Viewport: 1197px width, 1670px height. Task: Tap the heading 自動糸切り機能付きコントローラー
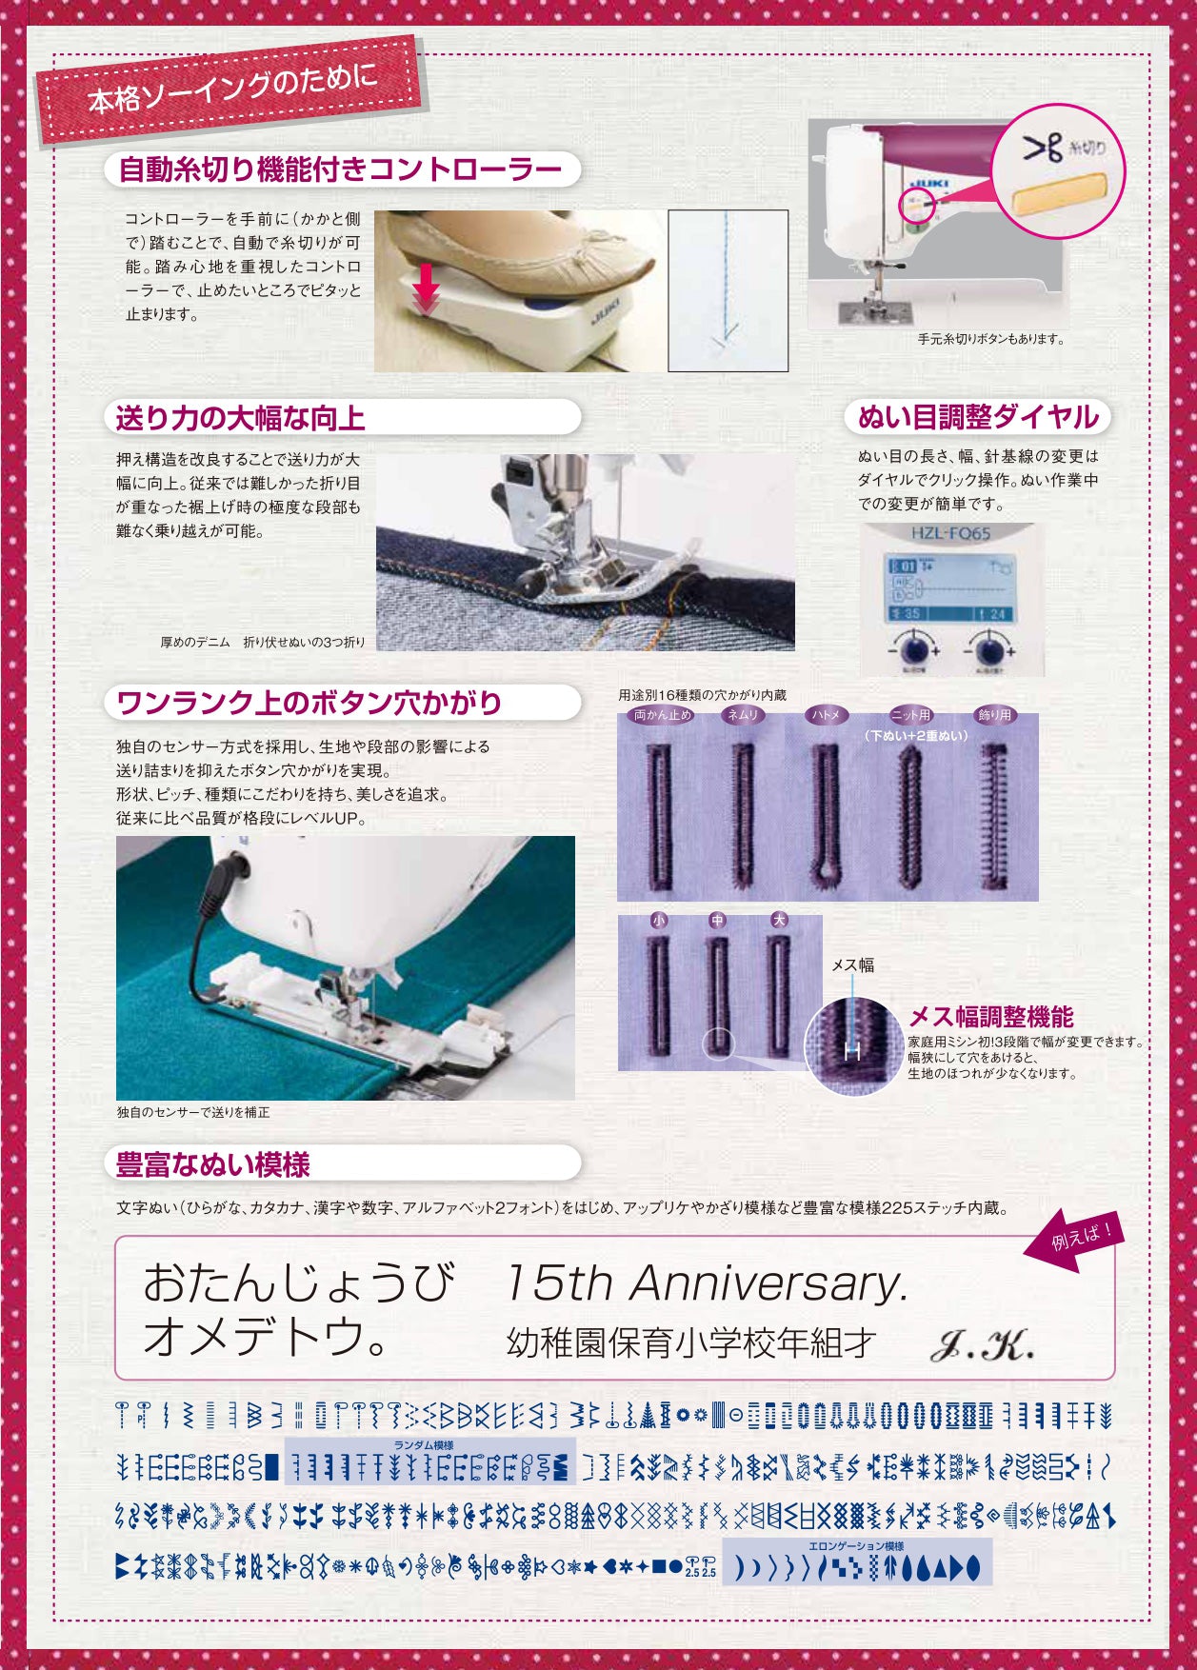(340, 169)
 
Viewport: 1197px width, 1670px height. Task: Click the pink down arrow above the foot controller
(426, 287)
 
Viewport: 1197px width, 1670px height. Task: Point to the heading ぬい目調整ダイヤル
(978, 417)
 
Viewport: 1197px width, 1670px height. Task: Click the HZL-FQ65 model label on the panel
(950, 533)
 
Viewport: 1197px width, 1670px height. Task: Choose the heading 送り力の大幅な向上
(241, 418)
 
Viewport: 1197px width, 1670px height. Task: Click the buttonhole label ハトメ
(826, 714)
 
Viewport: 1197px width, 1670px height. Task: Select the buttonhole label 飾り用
(995, 714)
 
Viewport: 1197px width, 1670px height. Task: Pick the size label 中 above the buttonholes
(718, 921)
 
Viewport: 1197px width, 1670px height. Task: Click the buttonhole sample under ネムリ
(743, 813)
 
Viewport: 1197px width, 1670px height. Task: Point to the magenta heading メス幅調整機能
(991, 1017)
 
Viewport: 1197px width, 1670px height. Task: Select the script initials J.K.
(981, 1345)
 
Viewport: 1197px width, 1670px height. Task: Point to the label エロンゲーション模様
(856, 1545)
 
